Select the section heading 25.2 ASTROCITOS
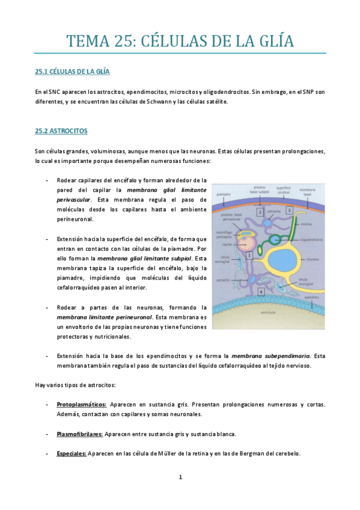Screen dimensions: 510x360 click(61, 130)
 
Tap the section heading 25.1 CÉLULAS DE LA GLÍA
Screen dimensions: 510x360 click(72, 72)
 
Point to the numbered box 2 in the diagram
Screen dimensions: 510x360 click(260, 212)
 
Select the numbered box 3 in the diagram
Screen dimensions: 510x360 click(289, 210)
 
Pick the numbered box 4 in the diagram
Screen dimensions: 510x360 click(261, 291)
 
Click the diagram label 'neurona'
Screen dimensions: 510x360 click(312, 261)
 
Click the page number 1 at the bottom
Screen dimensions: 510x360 click(180, 478)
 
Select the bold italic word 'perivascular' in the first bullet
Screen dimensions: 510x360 click(74, 198)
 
